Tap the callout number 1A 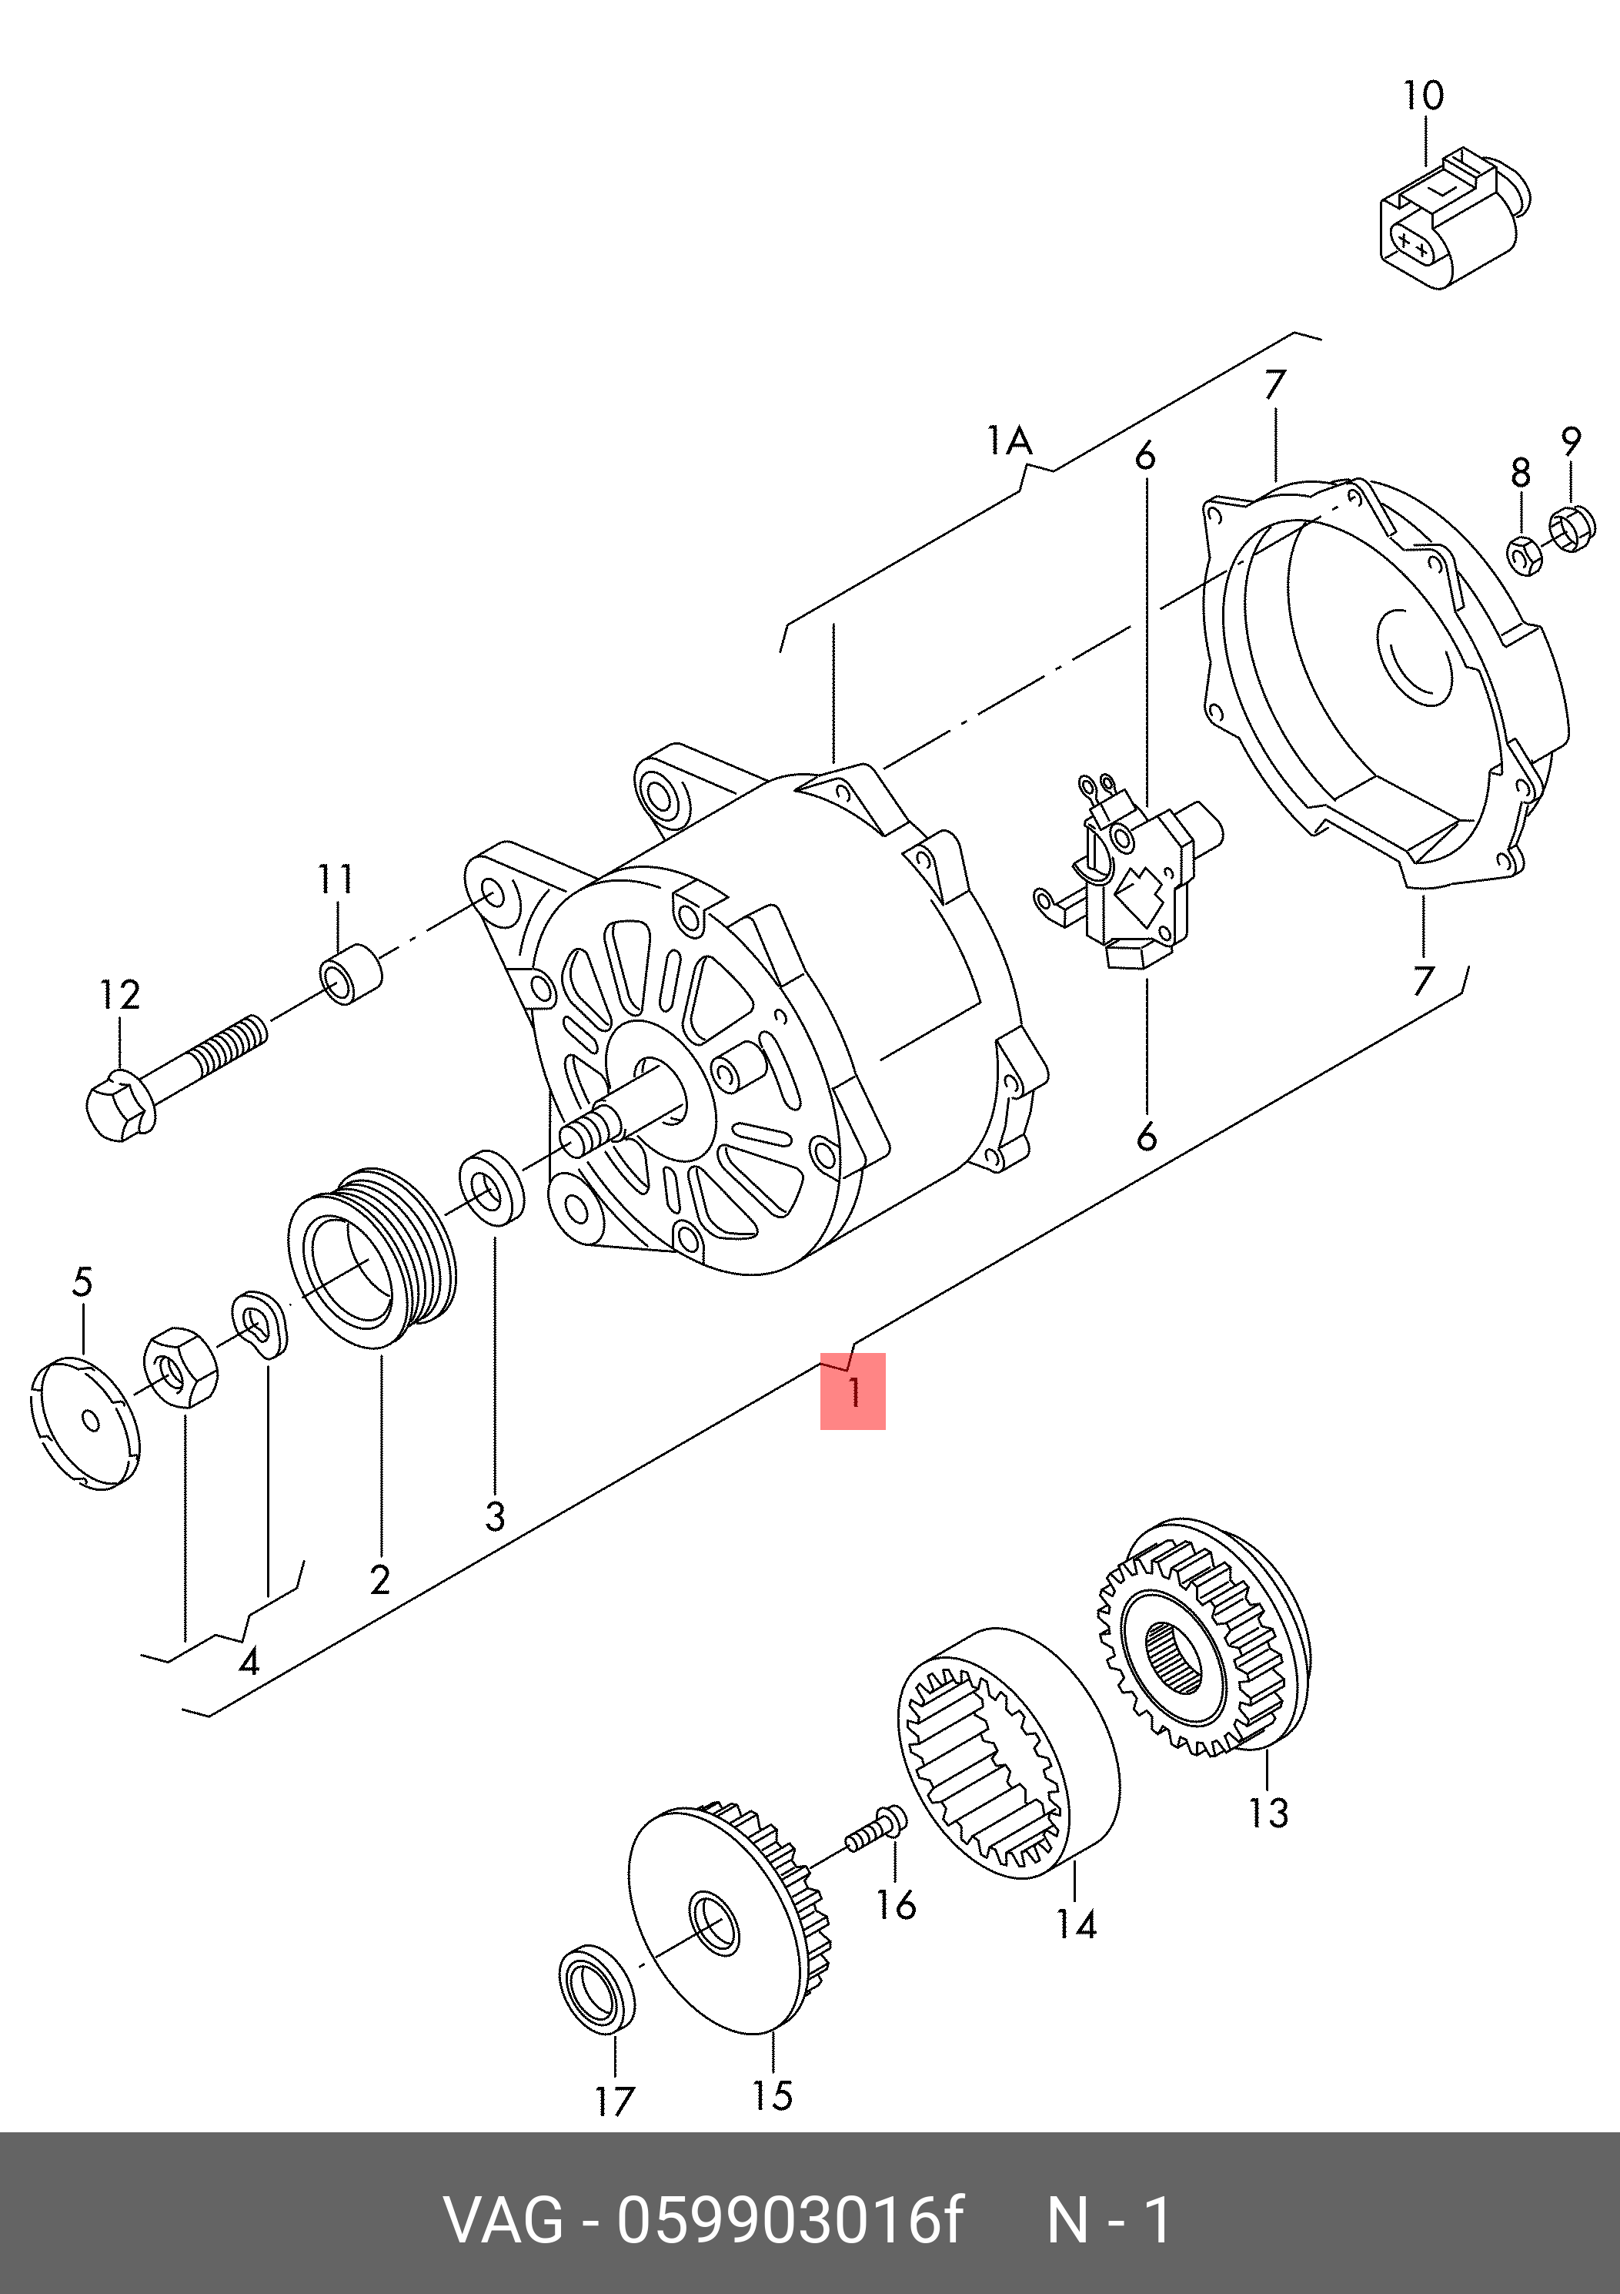[x=1010, y=440]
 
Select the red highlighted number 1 [x=853, y=1391]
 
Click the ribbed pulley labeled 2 [x=372, y=1257]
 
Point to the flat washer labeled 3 [x=492, y=1188]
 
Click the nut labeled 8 [x=1524, y=554]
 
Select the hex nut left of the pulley [x=181, y=1366]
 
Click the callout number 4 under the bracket [x=249, y=1662]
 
